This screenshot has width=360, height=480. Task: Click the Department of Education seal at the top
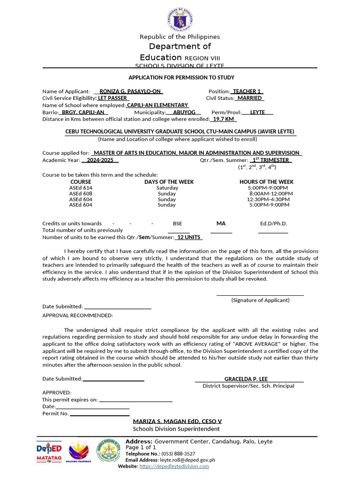[180, 21]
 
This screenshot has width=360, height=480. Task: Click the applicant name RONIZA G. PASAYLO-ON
[131, 91]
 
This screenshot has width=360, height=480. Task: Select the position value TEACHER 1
[247, 91]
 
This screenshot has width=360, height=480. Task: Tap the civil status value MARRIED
[249, 98]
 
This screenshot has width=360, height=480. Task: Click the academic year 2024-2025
[100, 160]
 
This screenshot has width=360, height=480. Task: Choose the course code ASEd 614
[81, 187]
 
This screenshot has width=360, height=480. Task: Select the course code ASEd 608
[81, 194]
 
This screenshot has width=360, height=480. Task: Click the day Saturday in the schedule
[167, 187]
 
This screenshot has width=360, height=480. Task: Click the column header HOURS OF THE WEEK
[266, 182]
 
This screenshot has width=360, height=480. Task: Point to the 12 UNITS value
[189, 237]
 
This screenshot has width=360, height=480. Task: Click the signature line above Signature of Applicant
[260, 295]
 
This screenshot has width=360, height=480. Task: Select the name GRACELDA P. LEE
[246, 379]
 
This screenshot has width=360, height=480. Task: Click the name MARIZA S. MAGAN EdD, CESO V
[177, 421]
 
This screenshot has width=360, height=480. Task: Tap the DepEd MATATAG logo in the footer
[49, 452]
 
